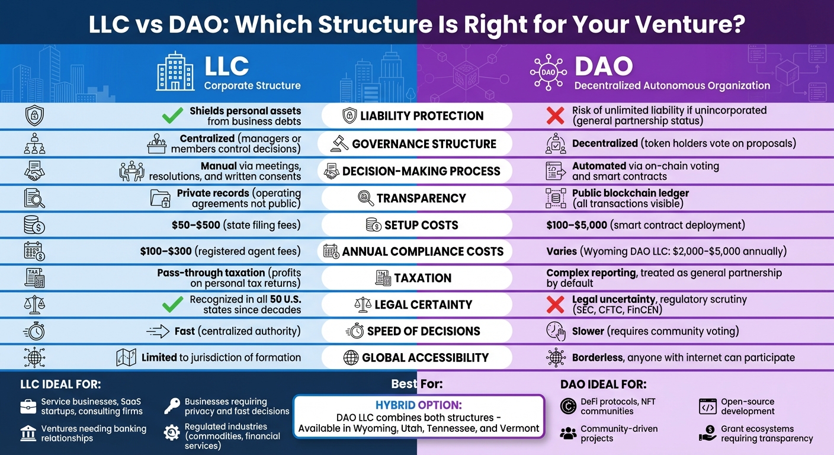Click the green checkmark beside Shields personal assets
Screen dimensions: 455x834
tap(172, 116)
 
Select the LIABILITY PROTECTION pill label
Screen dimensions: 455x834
tap(422, 116)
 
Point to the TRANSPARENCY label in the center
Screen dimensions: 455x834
tap(421, 198)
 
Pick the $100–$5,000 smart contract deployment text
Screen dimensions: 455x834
tap(646, 225)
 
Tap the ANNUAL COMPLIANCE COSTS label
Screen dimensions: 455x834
tap(423, 251)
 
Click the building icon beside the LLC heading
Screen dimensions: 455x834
tap(175, 72)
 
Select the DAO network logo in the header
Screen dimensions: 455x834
tap(548, 72)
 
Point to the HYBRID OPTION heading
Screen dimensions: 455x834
tap(418, 405)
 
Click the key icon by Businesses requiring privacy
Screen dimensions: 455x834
tap(172, 406)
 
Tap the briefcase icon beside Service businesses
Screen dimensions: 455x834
tap(28, 406)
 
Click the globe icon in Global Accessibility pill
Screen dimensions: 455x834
tap(351, 358)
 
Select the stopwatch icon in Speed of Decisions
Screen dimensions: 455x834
tap(355, 331)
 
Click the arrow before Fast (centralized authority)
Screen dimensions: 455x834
tap(158, 331)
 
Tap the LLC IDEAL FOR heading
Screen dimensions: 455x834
tap(60, 384)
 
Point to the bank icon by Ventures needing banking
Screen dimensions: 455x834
tap(28, 433)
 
